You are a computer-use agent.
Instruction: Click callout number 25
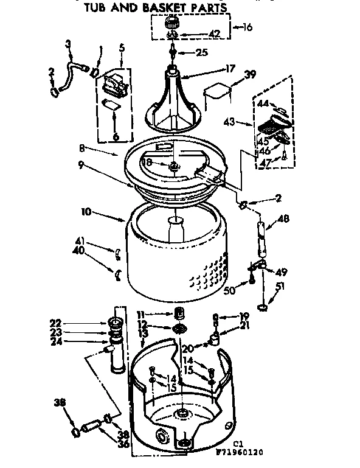202,53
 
